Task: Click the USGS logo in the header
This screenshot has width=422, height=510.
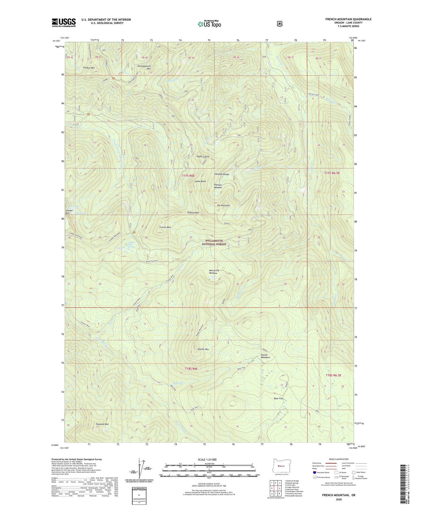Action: tap(64, 22)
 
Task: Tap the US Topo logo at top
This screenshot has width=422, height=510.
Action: tap(209, 24)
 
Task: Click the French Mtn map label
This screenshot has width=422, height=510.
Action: tap(165, 227)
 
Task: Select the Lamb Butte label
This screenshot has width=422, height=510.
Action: tap(200, 181)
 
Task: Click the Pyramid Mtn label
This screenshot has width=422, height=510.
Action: tap(102, 424)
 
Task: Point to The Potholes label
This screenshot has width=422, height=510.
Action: tap(223, 205)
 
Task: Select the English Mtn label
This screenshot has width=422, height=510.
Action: tap(193, 213)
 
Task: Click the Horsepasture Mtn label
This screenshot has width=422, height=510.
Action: tap(144, 67)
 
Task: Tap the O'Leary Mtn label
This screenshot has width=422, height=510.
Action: tap(89, 68)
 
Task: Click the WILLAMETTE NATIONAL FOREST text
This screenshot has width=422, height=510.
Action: tap(214, 242)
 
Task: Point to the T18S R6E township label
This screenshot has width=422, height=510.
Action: tap(191, 369)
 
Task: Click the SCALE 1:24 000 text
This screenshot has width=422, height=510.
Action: tap(207, 459)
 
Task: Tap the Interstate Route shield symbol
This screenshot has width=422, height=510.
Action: tap(314, 472)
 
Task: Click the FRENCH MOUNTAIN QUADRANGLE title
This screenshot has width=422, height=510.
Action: tap(348, 19)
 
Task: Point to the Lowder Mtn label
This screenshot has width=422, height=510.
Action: tap(69, 212)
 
